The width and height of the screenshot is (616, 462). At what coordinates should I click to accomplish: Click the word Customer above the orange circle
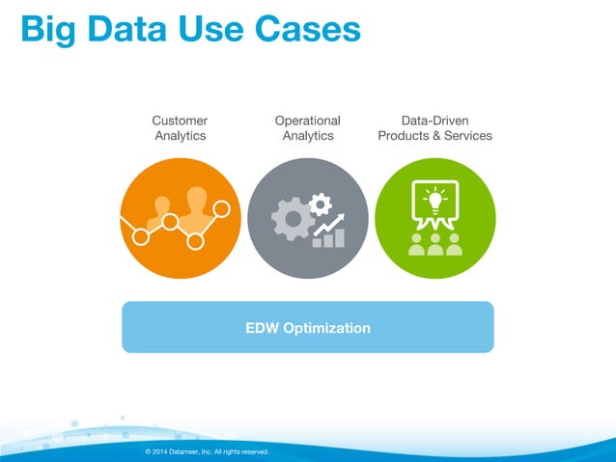tap(180, 121)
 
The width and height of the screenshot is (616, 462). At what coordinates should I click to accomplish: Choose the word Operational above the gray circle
tap(307, 121)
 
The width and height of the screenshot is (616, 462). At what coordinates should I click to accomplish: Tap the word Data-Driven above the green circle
tap(434, 121)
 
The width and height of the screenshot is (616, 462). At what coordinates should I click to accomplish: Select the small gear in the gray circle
tap(320, 204)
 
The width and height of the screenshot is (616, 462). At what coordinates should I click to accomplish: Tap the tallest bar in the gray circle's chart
tap(339, 236)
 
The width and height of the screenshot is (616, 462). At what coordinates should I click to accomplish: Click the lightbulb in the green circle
tap(434, 202)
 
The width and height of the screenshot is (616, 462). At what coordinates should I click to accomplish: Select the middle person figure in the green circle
tap(435, 243)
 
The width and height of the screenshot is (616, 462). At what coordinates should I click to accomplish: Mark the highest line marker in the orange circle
tap(221, 206)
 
